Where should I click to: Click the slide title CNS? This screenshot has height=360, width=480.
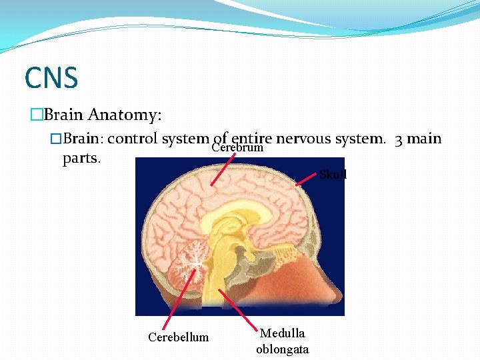51,77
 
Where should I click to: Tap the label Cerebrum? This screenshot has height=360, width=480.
237,147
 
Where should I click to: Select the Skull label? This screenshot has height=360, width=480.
333,175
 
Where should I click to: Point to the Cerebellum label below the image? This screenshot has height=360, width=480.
178,337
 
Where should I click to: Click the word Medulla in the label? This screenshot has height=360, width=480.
283,333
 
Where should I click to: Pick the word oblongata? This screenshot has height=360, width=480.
283,349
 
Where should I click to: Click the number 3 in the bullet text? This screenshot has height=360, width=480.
398,139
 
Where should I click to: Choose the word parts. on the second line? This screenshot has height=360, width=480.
81,159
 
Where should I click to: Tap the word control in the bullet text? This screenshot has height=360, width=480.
133,139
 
